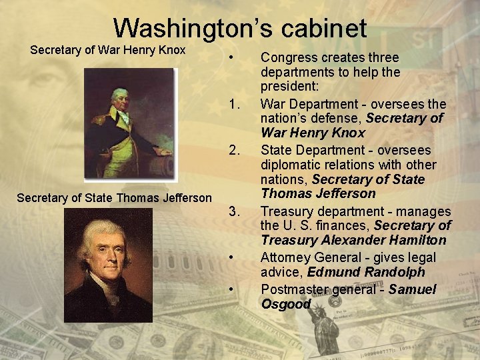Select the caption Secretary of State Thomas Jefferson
[x=114, y=197]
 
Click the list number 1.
[x=233, y=105]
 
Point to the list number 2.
[x=233, y=151]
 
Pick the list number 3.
[x=233, y=212]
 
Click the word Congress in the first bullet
[x=289, y=58]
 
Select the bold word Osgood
[x=286, y=304]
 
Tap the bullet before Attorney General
[x=230, y=257]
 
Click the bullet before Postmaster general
[x=230, y=289]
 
